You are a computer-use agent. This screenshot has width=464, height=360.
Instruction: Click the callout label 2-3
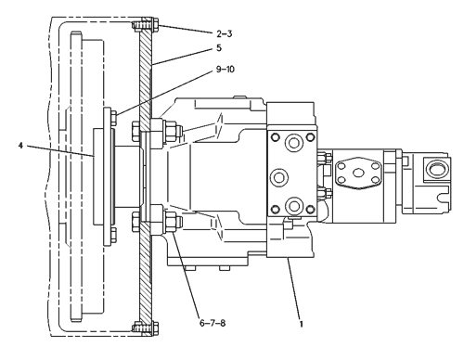(225, 33)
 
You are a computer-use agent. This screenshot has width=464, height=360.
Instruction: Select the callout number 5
(219, 48)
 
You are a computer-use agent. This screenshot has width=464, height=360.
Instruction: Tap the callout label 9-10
(226, 70)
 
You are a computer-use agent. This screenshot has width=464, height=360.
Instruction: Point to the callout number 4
(20, 146)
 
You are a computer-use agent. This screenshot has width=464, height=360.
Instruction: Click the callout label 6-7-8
(213, 323)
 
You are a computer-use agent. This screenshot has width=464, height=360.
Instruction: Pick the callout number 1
(301, 324)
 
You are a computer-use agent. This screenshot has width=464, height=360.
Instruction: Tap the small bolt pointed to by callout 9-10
(114, 118)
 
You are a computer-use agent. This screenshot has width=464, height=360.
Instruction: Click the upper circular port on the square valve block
(292, 143)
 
